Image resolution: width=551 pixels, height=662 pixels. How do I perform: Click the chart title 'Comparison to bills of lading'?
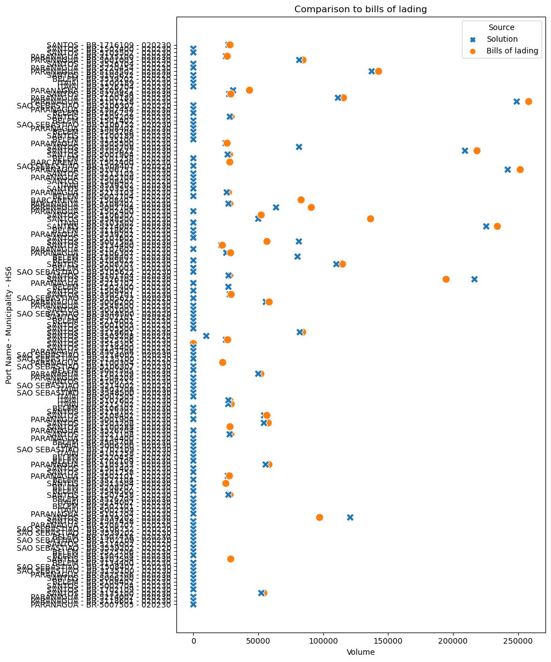361,9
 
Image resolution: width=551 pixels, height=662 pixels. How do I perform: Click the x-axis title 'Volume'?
361,652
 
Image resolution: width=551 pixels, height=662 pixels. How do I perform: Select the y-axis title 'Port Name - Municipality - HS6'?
9,324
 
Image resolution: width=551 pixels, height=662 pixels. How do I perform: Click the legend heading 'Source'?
501,27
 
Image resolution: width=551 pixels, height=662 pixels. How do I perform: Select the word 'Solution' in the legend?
502,39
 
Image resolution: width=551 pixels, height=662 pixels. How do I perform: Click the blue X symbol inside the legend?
473,39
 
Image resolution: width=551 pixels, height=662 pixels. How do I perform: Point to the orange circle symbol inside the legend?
473,51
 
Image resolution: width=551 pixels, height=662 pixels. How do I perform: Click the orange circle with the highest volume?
528,101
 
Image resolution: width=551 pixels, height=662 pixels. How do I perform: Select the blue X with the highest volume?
516,101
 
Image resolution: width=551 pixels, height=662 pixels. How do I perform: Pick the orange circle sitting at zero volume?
193,343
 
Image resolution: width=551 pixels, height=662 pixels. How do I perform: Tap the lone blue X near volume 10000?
206,335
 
